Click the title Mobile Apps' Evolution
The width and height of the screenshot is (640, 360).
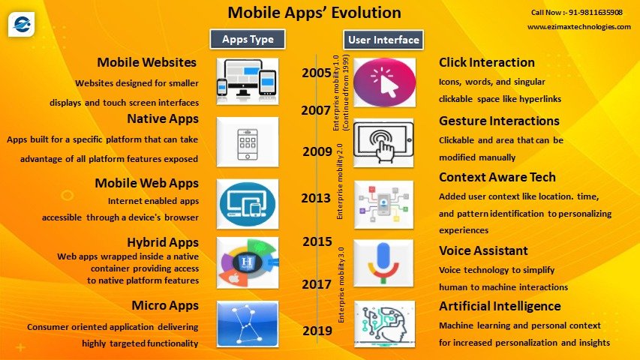click(x=314, y=13)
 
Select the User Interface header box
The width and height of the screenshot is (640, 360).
click(x=383, y=39)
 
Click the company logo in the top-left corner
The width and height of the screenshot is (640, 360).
click(x=22, y=23)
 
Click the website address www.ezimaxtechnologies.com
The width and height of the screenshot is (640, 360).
click(x=578, y=27)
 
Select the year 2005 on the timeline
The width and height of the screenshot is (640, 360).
click(x=317, y=73)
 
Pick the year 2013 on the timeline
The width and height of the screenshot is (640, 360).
click(x=317, y=198)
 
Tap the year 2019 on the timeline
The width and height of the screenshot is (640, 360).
click(x=317, y=331)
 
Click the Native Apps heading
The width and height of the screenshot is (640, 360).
click(x=164, y=118)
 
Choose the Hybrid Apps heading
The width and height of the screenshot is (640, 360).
click(x=163, y=242)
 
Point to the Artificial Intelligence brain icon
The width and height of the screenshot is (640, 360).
click(x=383, y=324)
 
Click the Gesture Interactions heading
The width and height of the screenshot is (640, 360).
click(x=499, y=121)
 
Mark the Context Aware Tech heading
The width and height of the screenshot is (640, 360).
click(x=497, y=177)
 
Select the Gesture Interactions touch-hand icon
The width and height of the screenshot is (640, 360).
click(x=383, y=142)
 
